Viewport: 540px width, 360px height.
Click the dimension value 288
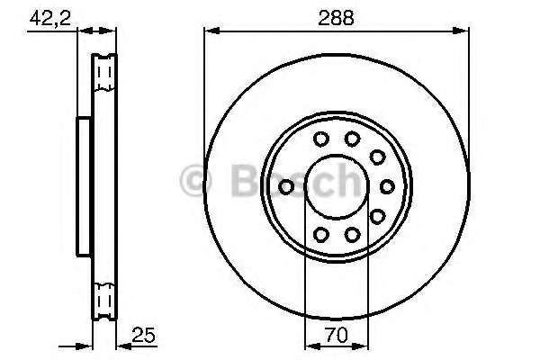click(x=336, y=18)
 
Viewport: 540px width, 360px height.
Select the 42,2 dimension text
click(x=50, y=18)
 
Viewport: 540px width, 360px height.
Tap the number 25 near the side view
click(x=144, y=335)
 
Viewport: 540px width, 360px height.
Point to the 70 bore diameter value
click(x=336, y=335)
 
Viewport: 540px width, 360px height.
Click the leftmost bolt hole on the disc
click(x=286, y=187)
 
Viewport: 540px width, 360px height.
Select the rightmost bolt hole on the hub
click(x=387, y=186)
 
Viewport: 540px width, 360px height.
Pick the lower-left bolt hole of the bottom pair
click(x=321, y=235)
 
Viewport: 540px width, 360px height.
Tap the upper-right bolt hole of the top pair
click(x=352, y=139)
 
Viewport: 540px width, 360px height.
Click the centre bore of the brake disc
click(x=337, y=187)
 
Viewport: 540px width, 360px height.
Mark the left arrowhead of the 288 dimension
click(x=211, y=31)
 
